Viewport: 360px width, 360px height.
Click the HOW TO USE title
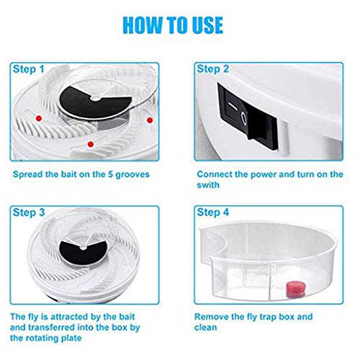click(173, 25)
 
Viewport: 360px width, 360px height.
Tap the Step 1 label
click(29, 69)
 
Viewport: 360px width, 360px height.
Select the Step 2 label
click(213, 69)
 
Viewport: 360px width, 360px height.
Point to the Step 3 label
click(29, 212)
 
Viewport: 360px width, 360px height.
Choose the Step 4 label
click(213, 212)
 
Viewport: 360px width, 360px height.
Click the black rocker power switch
click(248, 116)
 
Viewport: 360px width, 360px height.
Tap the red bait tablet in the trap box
click(296, 289)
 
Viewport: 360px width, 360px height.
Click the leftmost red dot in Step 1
click(39, 118)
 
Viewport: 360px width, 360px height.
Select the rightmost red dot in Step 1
click(150, 120)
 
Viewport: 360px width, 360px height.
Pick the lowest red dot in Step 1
click(91, 144)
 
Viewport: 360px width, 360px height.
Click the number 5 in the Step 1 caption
click(110, 174)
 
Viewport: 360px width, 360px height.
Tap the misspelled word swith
click(208, 185)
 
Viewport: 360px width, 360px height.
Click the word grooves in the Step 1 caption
click(132, 175)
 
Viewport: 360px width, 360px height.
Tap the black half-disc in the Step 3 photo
click(83, 253)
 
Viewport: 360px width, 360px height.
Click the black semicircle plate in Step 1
click(96, 104)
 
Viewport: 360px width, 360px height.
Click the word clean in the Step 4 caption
click(206, 328)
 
